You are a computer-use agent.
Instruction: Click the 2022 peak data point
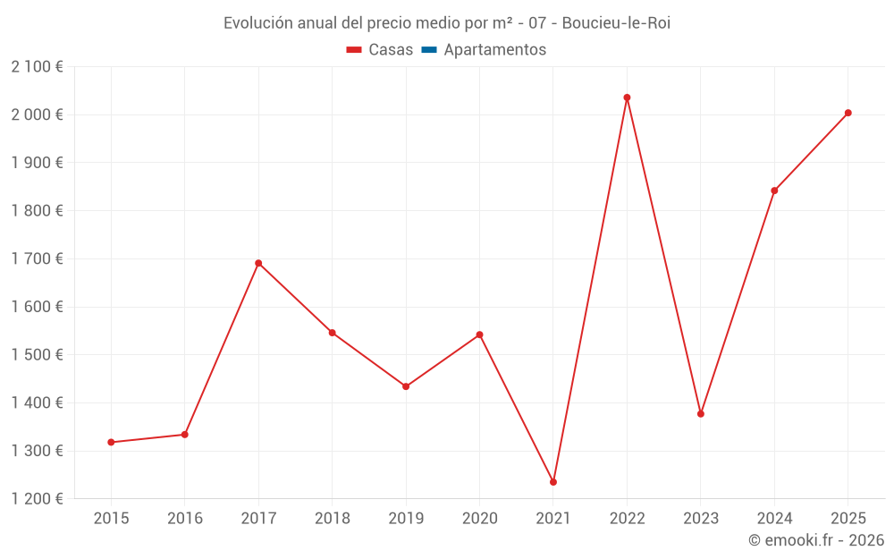tap(627, 97)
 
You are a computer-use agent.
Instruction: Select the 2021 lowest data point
tap(553, 482)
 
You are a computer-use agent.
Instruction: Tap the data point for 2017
tap(258, 263)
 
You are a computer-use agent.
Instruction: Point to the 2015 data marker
tap(111, 442)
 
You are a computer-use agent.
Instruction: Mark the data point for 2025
tap(848, 113)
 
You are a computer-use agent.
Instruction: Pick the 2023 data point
tap(701, 414)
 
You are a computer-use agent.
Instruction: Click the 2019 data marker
tap(406, 386)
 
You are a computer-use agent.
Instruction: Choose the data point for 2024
tap(774, 191)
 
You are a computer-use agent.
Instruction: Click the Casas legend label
tap(391, 50)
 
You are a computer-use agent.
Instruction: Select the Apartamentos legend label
tap(494, 50)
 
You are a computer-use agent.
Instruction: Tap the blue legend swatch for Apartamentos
tap(428, 50)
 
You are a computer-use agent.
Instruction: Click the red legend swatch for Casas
tap(354, 50)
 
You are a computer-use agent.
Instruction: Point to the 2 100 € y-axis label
tap(38, 67)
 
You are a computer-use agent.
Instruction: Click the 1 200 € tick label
tap(38, 499)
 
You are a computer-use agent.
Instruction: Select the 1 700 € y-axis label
tap(38, 258)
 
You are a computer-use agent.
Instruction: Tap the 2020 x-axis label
tap(479, 519)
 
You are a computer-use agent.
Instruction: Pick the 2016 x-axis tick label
tap(185, 519)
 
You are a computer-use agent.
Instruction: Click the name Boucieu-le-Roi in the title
tap(616, 23)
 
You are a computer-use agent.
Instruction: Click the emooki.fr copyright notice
tap(816, 540)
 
